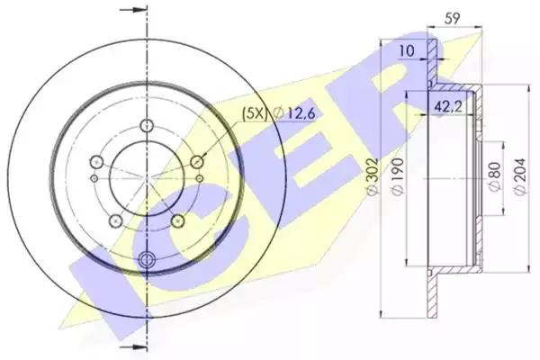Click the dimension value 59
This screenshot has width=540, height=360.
(x=452, y=18)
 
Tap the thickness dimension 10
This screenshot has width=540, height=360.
(x=407, y=51)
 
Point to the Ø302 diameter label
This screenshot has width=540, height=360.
(x=373, y=177)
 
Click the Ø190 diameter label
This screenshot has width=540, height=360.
(x=398, y=177)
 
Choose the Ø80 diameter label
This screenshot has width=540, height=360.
(x=494, y=176)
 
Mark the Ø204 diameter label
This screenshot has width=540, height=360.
(x=520, y=177)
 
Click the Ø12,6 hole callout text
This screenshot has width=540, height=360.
(x=293, y=113)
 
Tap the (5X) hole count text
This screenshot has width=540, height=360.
(x=255, y=113)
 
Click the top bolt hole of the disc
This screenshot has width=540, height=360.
(x=147, y=125)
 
